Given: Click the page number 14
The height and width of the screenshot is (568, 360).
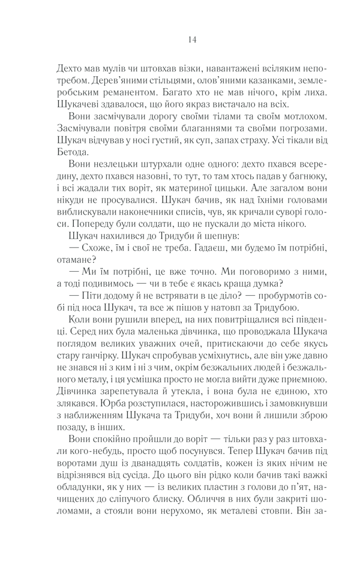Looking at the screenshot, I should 191,40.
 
